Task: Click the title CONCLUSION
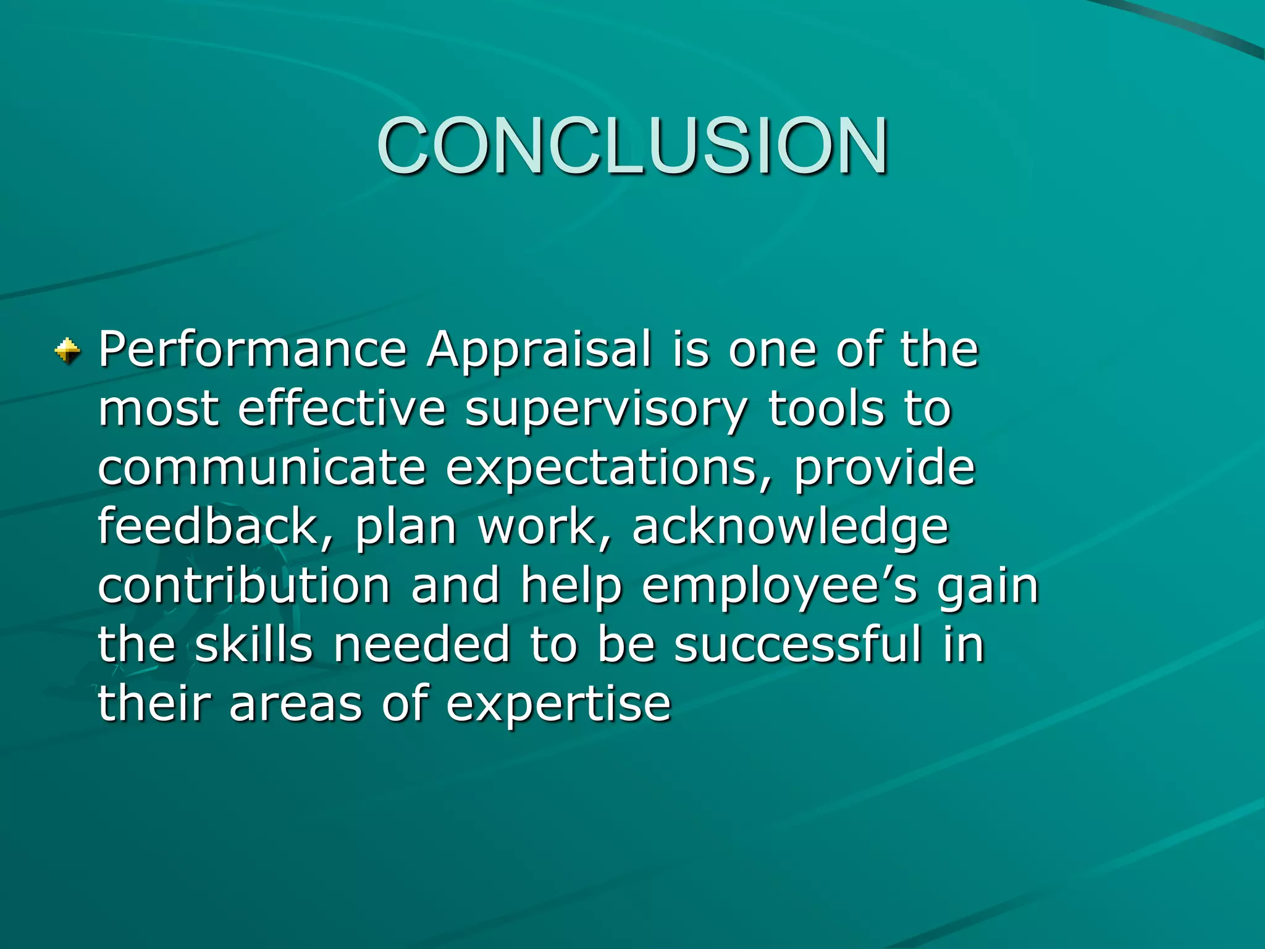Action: point(632,146)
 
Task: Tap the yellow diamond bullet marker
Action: point(67,351)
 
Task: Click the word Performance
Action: point(253,350)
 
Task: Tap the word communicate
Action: point(262,468)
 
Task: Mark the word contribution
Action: point(244,585)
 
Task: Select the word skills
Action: point(254,644)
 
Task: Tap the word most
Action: point(158,410)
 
